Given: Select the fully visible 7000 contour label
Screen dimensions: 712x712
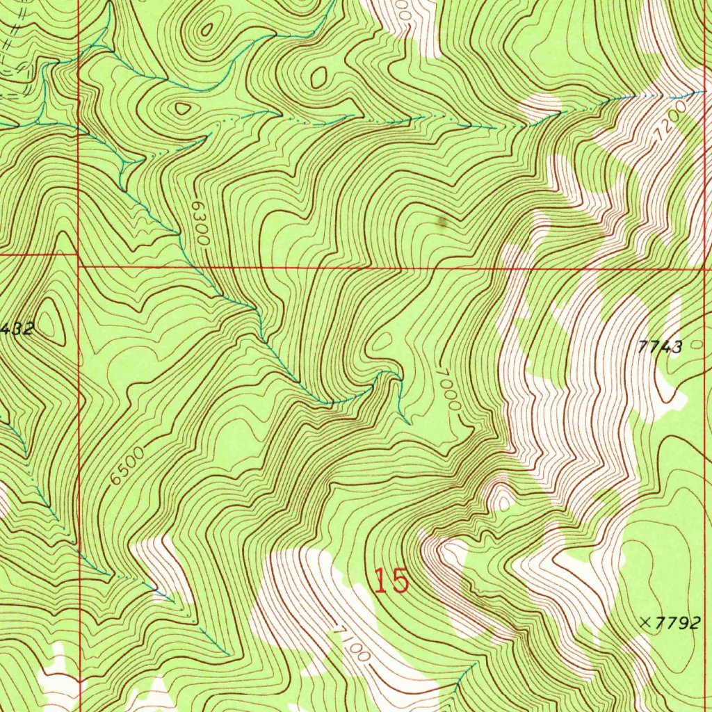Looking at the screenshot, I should (x=448, y=389).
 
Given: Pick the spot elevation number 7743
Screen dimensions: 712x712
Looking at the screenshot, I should (x=660, y=347).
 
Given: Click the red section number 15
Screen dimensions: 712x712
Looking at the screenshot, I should (x=391, y=581).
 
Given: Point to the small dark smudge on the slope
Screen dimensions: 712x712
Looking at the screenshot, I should (x=441, y=222).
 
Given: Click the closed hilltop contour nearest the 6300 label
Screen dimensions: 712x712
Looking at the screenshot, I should (x=182, y=108).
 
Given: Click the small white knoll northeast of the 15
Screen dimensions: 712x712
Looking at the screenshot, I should (x=500, y=497).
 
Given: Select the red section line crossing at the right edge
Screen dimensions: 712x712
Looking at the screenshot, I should (x=705, y=267).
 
